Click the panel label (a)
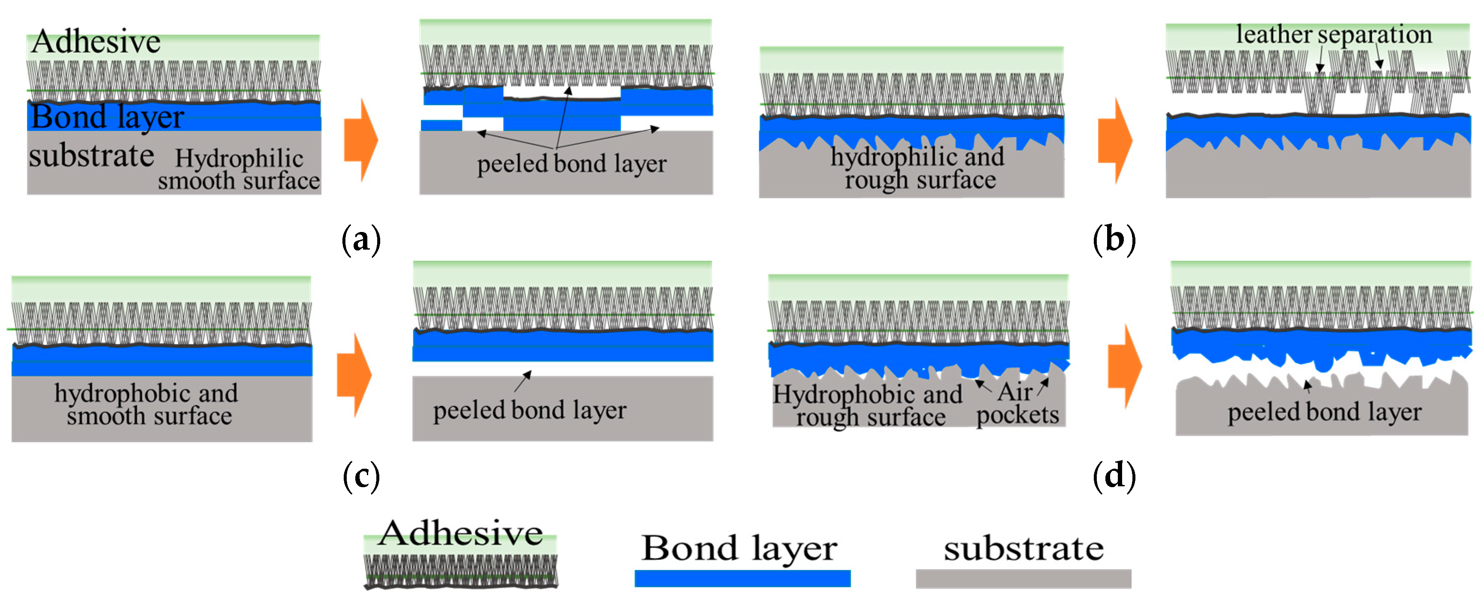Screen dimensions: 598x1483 coord(361,240)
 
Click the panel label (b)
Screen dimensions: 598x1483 coord(1114,240)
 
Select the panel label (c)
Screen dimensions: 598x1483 coord(361,476)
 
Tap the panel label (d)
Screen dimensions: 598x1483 coord(1114,476)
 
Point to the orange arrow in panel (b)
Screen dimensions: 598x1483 coord(1114,140)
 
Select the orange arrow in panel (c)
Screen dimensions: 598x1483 coord(354,375)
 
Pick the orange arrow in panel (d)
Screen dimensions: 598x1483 coord(1124,366)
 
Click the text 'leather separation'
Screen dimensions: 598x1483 coord(1333,34)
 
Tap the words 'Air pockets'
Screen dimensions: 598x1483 coord(1017,404)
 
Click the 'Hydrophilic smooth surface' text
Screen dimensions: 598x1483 coord(239,169)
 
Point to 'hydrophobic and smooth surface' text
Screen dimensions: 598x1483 coord(147,404)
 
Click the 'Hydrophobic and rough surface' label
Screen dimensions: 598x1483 coord(868,406)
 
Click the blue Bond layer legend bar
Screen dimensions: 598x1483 coord(741,578)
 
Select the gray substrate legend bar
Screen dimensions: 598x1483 coord(1023,578)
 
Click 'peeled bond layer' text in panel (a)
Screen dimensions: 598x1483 coord(571,164)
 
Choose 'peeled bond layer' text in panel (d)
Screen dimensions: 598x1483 coord(1324,412)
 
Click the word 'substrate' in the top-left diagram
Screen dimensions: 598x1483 coord(91,156)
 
